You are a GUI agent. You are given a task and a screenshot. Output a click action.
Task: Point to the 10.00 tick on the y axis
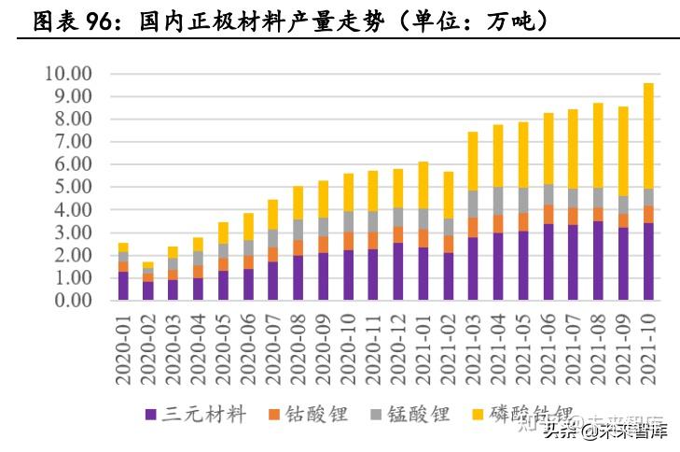tap(67, 74)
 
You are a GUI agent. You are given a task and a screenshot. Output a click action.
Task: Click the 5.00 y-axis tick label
tap(71, 187)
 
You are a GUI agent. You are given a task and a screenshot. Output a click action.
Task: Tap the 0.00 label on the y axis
tap(71, 301)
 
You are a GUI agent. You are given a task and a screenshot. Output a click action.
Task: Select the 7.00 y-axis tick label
tap(71, 142)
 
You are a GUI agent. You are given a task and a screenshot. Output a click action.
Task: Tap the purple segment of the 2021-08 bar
tap(598, 261)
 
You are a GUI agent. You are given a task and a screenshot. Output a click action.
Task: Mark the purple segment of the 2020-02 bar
tap(147, 290)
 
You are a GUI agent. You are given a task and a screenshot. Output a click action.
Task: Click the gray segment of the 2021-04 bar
tap(498, 201)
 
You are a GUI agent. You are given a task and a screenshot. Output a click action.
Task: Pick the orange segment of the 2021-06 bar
tap(548, 215)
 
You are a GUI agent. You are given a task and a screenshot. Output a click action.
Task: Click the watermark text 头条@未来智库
tap(606, 431)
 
